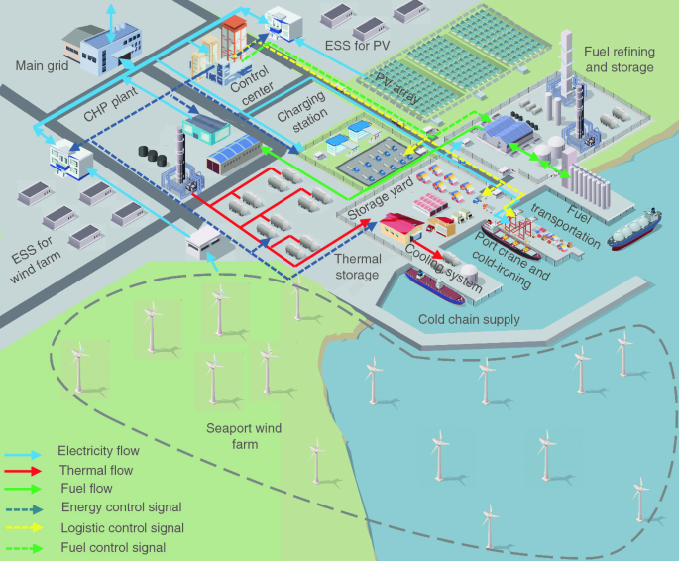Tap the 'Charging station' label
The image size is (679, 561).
tap(299, 130)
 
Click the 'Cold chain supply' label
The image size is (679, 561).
tap(469, 319)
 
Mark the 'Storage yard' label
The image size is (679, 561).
tap(380, 199)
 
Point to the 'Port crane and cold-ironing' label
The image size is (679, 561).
tap(509, 261)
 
